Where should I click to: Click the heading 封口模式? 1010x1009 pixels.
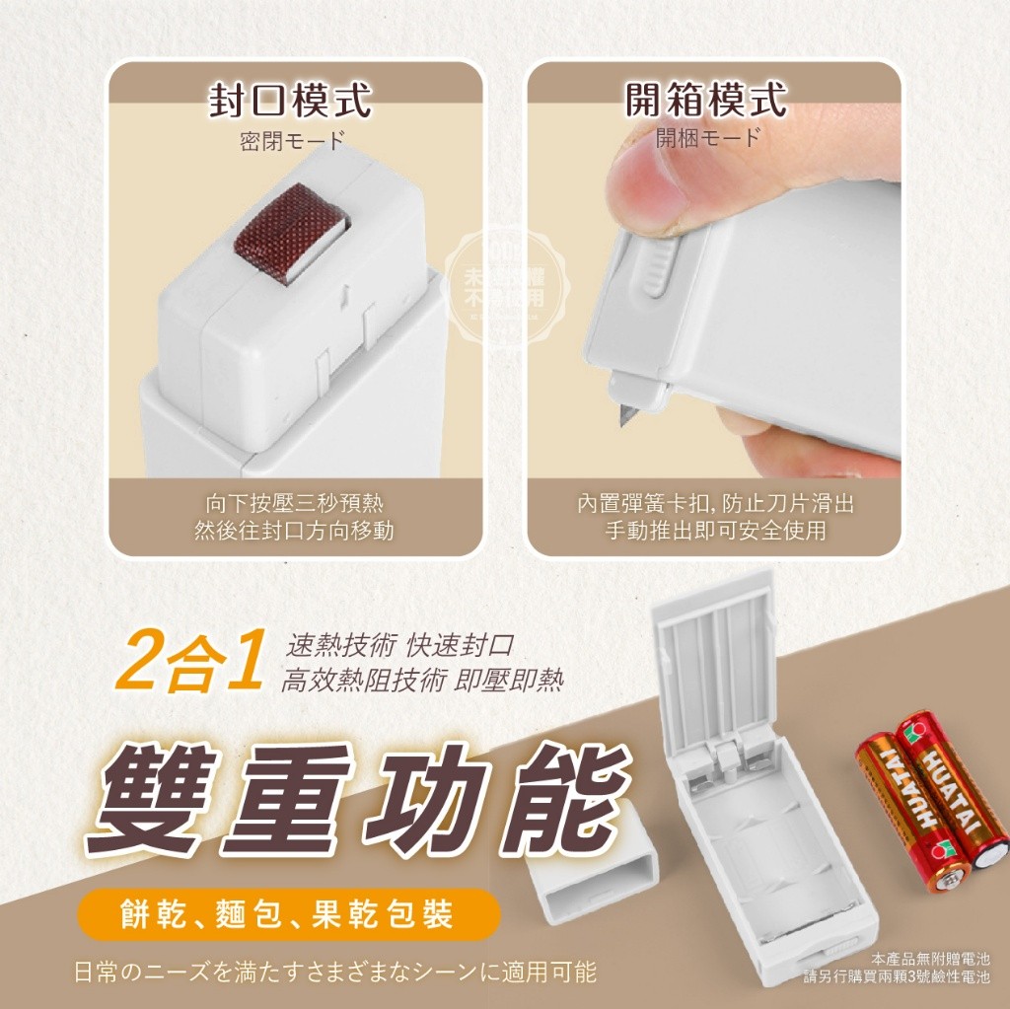pyautogui.click(x=291, y=99)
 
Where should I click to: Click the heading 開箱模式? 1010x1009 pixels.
pyautogui.click(x=707, y=99)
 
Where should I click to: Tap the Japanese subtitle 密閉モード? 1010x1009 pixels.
pyautogui.click(x=293, y=141)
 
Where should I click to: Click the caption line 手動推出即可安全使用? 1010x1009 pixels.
pyautogui.click(x=715, y=531)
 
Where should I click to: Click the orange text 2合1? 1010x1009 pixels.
pyautogui.click(x=189, y=664)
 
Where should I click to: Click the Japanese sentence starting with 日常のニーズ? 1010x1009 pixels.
pyautogui.click(x=335, y=972)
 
